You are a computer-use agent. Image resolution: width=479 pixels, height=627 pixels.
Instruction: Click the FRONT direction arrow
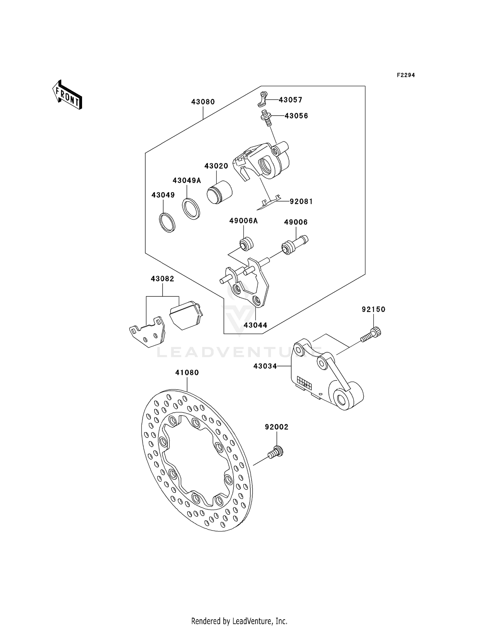point(67,95)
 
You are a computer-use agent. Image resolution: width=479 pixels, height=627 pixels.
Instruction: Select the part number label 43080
point(203,102)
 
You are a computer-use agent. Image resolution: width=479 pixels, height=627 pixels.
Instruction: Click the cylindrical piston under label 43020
point(219,192)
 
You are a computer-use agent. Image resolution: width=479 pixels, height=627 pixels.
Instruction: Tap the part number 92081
point(301,201)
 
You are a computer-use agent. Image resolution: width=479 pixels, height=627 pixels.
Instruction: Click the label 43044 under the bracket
point(255,325)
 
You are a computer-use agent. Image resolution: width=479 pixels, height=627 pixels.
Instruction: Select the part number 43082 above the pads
point(162,279)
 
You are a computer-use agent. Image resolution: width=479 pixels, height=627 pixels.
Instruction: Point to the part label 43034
point(265,366)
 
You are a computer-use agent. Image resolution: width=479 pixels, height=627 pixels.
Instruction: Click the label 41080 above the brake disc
point(187,372)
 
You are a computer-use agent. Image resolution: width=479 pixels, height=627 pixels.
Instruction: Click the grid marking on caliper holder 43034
point(304,382)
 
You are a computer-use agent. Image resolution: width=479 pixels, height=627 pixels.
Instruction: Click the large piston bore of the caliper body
point(266,165)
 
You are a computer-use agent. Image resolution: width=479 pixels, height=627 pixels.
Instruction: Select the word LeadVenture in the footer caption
point(252,621)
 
